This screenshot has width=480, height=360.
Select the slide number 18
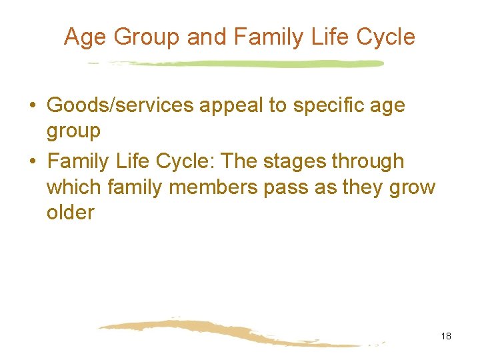[x=446, y=336]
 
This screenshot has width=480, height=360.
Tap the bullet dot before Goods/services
[x=32, y=106]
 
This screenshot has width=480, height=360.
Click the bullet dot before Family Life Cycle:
[x=32, y=162]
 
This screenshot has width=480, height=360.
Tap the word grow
[x=411, y=187]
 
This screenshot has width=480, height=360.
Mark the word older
[x=71, y=213]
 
